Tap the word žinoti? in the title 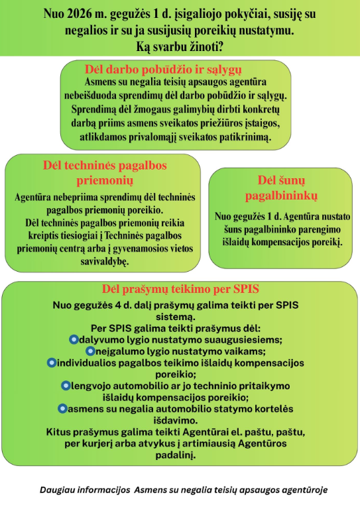click(x=206, y=47)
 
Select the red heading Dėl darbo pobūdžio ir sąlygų click(x=163, y=70)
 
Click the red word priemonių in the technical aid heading click(x=105, y=180)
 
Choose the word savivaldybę click(x=105, y=261)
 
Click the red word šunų click(x=292, y=180)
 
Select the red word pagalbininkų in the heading click(x=281, y=196)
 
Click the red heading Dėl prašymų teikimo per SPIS click(x=180, y=289)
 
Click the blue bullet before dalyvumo click(x=74, y=339)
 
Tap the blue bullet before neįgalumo click(x=90, y=351)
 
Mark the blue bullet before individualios click(x=52, y=363)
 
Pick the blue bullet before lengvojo click(x=66, y=386)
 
